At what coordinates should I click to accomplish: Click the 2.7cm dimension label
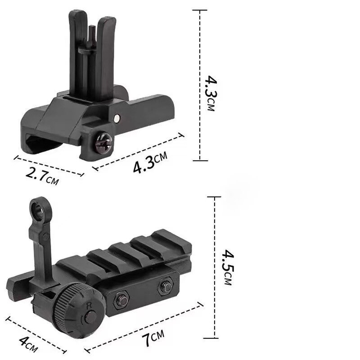(42, 176)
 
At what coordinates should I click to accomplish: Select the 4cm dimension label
(28, 344)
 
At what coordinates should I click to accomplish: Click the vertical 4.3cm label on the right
(211, 93)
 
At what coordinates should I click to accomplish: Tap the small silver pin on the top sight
(117, 118)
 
